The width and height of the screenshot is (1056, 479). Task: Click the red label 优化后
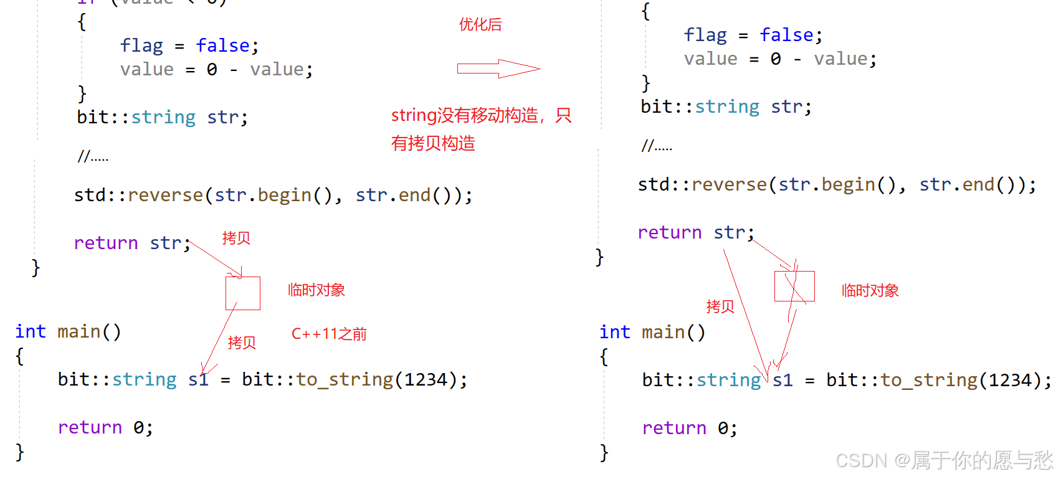[x=480, y=25]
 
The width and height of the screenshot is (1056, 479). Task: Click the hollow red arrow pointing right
[x=498, y=69]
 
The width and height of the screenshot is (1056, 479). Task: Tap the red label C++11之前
[x=329, y=334]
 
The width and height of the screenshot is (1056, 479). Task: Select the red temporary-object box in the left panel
[x=243, y=293]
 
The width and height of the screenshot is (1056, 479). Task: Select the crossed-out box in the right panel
[x=794, y=286]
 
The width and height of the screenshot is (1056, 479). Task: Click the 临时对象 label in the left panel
[x=316, y=290]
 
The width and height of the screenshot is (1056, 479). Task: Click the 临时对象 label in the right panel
[x=870, y=291]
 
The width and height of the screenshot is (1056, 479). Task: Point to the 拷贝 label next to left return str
[x=236, y=238]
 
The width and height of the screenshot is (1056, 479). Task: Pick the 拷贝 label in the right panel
[x=720, y=306]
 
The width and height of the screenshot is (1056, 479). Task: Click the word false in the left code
[x=223, y=45]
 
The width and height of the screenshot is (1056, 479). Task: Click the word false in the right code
[x=787, y=35]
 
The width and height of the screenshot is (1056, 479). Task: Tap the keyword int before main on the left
[x=31, y=331]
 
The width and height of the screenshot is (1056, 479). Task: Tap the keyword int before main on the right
[x=615, y=332]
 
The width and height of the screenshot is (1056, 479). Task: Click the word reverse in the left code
[x=166, y=195]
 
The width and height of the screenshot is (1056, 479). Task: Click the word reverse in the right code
[x=730, y=184]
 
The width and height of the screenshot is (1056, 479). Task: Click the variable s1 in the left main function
[x=198, y=379]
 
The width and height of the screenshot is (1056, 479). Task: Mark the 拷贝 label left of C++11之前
[x=242, y=343]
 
